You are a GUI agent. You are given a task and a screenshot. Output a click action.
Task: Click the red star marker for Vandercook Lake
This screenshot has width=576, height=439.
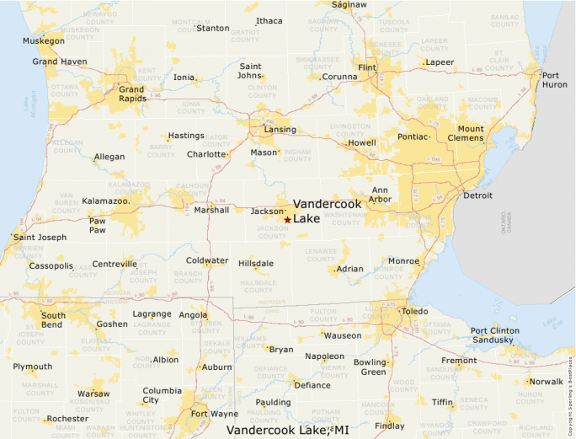point(287,220)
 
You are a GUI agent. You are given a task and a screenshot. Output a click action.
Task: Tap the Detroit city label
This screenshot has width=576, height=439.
point(477,195)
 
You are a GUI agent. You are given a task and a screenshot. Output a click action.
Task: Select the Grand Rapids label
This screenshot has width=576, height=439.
point(131,94)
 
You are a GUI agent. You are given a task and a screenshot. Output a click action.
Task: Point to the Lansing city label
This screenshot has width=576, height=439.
point(280,130)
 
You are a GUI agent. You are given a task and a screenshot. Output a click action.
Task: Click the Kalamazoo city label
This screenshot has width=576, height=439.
point(105,201)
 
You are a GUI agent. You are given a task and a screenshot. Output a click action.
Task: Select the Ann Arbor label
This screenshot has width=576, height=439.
point(380,195)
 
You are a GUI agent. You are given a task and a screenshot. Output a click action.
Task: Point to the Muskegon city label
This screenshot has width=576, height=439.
point(43,40)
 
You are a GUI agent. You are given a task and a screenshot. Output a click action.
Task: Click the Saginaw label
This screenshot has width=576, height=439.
point(349,5)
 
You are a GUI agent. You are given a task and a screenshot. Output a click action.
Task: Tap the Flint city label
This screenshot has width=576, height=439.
point(366,67)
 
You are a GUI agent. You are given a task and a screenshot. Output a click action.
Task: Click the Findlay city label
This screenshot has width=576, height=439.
point(389,426)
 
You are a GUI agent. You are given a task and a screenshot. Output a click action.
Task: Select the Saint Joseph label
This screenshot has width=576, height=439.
point(40,238)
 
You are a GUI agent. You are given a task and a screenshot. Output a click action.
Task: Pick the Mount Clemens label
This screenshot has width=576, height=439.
point(471,133)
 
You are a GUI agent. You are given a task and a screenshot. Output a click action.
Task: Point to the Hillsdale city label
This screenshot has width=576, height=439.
point(256,264)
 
